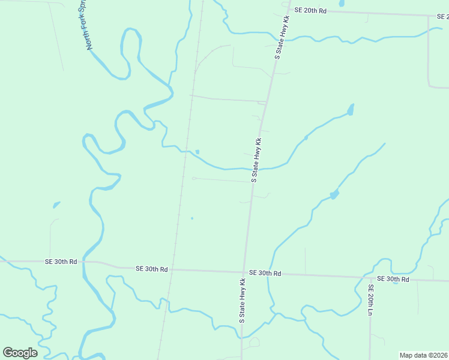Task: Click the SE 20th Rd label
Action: [310, 11]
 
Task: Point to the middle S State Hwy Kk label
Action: [256, 160]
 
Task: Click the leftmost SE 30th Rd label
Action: [61, 262]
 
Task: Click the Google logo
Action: [20, 352]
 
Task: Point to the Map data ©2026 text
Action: [424, 355]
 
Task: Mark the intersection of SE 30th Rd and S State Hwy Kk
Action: [244, 272]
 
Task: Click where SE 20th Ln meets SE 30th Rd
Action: [370, 278]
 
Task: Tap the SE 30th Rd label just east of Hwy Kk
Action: [265, 273]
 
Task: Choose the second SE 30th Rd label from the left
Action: [152, 269]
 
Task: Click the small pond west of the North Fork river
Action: [56, 205]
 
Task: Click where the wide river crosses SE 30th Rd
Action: [84, 263]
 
